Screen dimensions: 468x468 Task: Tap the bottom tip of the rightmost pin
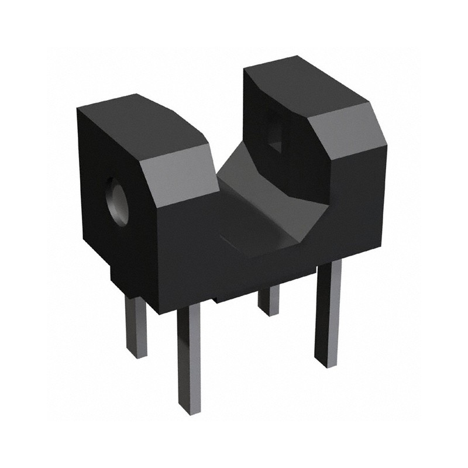[326, 363]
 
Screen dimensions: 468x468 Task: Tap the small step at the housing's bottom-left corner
[115, 278]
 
